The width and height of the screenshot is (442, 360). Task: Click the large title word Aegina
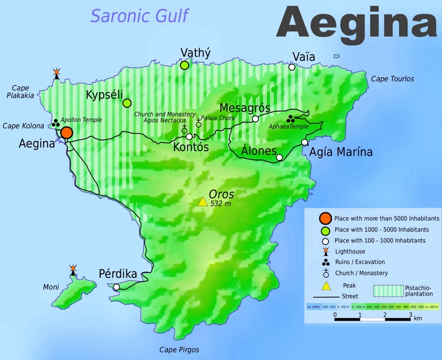356,23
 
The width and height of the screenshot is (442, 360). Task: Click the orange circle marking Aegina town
67,132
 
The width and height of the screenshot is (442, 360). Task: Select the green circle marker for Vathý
185,65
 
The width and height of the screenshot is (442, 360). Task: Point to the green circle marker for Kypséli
127,103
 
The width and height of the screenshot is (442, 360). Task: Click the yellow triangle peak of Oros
203,202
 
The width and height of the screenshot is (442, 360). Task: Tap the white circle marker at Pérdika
116,287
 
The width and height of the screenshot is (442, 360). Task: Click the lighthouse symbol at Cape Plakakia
57,73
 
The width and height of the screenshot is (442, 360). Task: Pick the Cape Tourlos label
392,79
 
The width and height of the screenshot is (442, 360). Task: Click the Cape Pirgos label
179,350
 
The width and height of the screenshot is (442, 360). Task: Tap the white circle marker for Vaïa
292,67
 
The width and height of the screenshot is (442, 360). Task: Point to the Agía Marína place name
341,152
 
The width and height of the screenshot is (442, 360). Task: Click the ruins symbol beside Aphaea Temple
291,118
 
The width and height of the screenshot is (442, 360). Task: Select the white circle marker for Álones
279,158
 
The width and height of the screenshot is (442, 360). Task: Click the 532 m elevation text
220,204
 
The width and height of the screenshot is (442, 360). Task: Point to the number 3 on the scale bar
409,315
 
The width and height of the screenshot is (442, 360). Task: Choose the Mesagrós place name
245,108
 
